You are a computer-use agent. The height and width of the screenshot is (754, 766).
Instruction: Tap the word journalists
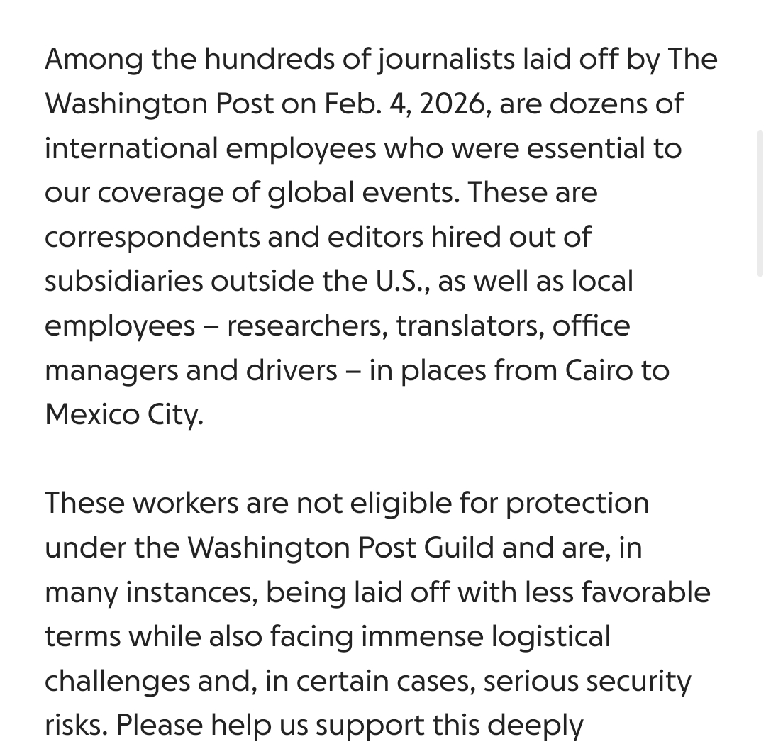click(x=445, y=60)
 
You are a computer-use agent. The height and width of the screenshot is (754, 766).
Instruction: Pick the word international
click(x=131, y=148)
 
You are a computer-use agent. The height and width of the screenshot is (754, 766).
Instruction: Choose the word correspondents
click(x=152, y=237)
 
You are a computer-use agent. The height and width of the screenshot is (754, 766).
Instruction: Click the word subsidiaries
click(x=124, y=282)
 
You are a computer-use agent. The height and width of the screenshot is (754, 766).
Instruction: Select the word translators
click(x=470, y=326)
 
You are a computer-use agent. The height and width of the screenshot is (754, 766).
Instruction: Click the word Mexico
click(x=92, y=414)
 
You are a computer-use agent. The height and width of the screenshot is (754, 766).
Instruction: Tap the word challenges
click(x=117, y=681)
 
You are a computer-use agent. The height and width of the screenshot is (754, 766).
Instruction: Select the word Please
click(x=159, y=725)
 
